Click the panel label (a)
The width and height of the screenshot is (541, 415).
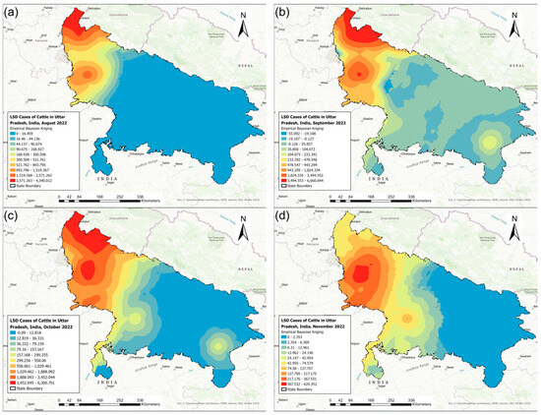(x=13, y=13)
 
